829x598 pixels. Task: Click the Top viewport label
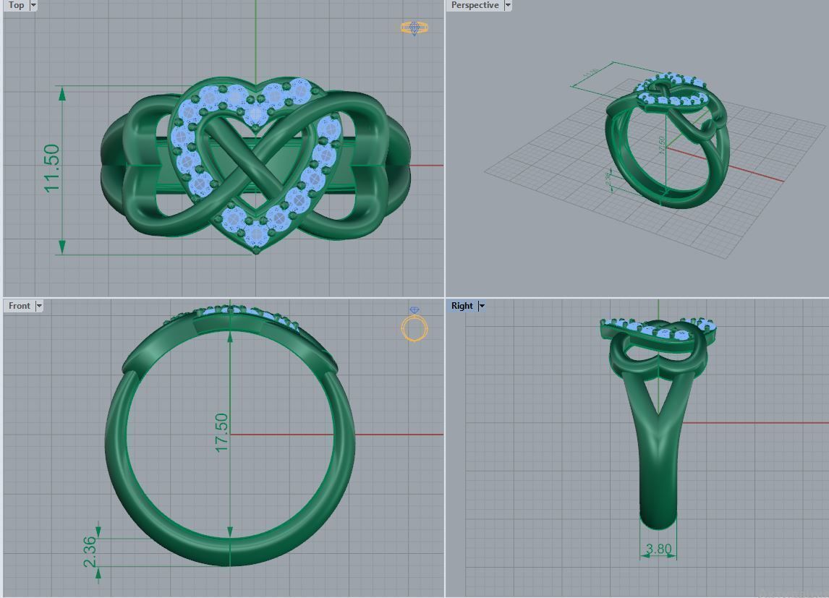pyautogui.click(x=16, y=5)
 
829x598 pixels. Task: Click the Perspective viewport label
pyautogui.click(x=475, y=5)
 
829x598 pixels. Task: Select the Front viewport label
pyautogui.click(x=19, y=306)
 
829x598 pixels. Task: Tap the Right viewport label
pyautogui.click(x=462, y=306)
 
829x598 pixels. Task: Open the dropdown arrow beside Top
pyautogui.click(x=33, y=5)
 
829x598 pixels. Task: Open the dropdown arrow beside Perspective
pyautogui.click(x=508, y=5)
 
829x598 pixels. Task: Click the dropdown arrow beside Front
pyautogui.click(x=39, y=306)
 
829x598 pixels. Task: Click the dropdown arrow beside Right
pyautogui.click(x=482, y=306)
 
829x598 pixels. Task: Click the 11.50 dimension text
pyautogui.click(x=52, y=168)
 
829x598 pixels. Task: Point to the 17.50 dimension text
pyautogui.click(x=221, y=432)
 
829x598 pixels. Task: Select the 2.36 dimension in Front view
pyautogui.click(x=90, y=552)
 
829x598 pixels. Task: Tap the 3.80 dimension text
pyautogui.click(x=658, y=549)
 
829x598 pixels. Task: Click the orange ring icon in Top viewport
pyautogui.click(x=414, y=28)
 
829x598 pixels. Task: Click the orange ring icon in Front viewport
pyautogui.click(x=414, y=327)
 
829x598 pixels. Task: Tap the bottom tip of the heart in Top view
pyautogui.click(x=256, y=249)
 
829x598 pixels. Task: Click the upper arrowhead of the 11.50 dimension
pyautogui.click(x=62, y=93)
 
